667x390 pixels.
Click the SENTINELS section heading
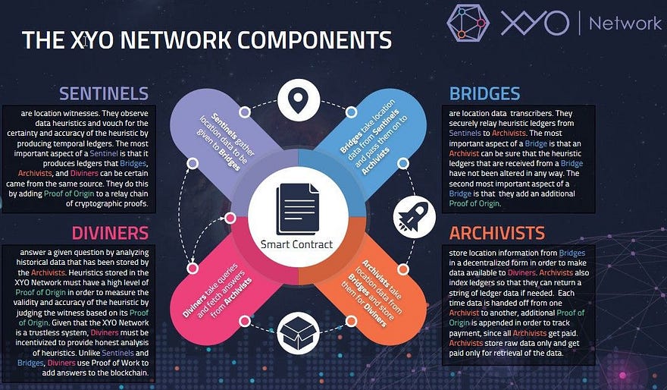coord(104,93)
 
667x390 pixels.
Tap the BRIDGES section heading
coord(484,93)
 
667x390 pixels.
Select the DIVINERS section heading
coord(110,234)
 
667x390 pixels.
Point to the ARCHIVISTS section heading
coord(497,234)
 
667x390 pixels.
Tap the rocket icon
coord(414,217)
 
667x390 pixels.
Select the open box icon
coord(298,333)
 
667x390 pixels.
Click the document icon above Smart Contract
coord(297,209)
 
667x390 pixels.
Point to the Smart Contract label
coord(296,244)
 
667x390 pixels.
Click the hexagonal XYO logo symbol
coord(468,23)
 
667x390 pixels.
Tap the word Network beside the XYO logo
coord(625,23)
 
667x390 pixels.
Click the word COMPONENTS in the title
coord(315,40)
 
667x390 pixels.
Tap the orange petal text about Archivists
coord(373,293)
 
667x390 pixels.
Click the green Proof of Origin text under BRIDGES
coord(474,203)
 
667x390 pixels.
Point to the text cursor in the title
coord(86,41)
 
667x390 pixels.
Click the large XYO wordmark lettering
coord(535,23)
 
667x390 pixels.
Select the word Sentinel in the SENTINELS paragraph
coord(104,153)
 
